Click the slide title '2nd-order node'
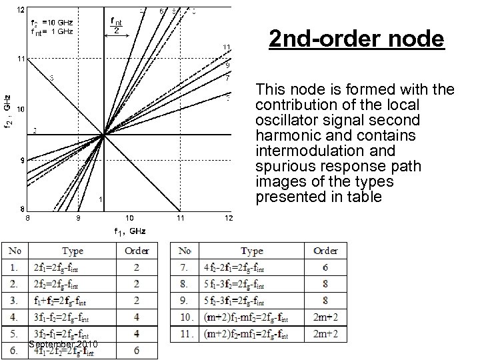(356, 39)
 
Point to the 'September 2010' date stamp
(64, 344)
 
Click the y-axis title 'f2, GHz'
(7, 111)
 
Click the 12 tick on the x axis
(228, 218)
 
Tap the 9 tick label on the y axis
(21, 161)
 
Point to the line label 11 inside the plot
(227, 47)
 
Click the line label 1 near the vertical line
(99, 199)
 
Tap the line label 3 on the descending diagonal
(52, 77)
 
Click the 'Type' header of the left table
(73, 251)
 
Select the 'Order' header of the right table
(325, 251)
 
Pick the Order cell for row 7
(325, 268)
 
